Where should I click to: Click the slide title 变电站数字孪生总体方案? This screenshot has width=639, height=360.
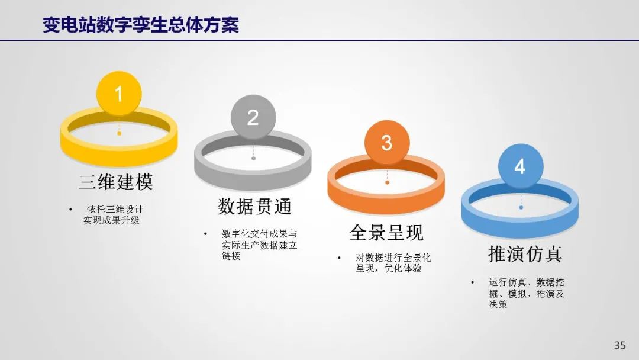pyautogui.click(x=141, y=25)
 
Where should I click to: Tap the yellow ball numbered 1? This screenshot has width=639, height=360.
pyautogui.click(x=119, y=94)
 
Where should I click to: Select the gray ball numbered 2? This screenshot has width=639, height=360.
pyautogui.click(x=253, y=117)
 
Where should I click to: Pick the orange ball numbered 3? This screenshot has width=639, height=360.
pyautogui.click(x=387, y=142)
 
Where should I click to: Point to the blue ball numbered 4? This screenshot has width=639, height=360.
pyautogui.click(x=521, y=166)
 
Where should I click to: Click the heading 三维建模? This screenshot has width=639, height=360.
pyautogui.click(x=116, y=182)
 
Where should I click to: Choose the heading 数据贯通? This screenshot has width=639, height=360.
pyautogui.click(x=254, y=206)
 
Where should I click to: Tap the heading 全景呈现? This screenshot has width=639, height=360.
pyautogui.click(x=387, y=232)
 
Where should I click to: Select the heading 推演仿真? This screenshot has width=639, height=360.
pyautogui.click(x=525, y=253)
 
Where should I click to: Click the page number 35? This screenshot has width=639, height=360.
pyautogui.click(x=619, y=345)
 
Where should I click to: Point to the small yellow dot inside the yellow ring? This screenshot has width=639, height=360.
pyautogui.click(x=119, y=133)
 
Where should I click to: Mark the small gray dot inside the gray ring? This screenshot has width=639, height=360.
pyautogui.click(x=253, y=158)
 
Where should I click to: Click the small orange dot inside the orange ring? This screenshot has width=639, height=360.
pyautogui.click(x=387, y=182)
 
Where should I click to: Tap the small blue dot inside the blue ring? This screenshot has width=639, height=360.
pyautogui.click(x=521, y=207)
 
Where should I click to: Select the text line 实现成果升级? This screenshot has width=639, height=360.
pyautogui.click(x=111, y=221)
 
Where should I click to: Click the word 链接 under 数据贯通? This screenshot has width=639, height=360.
pyautogui.click(x=231, y=256)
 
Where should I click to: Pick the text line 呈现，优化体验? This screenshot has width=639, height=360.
pyautogui.click(x=388, y=269)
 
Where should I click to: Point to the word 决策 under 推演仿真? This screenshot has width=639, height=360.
pyautogui.click(x=498, y=304)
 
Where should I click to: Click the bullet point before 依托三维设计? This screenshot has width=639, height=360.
pyautogui.click(x=71, y=210)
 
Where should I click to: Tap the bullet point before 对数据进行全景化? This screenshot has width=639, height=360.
pyautogui.click(x=339, y=258)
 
